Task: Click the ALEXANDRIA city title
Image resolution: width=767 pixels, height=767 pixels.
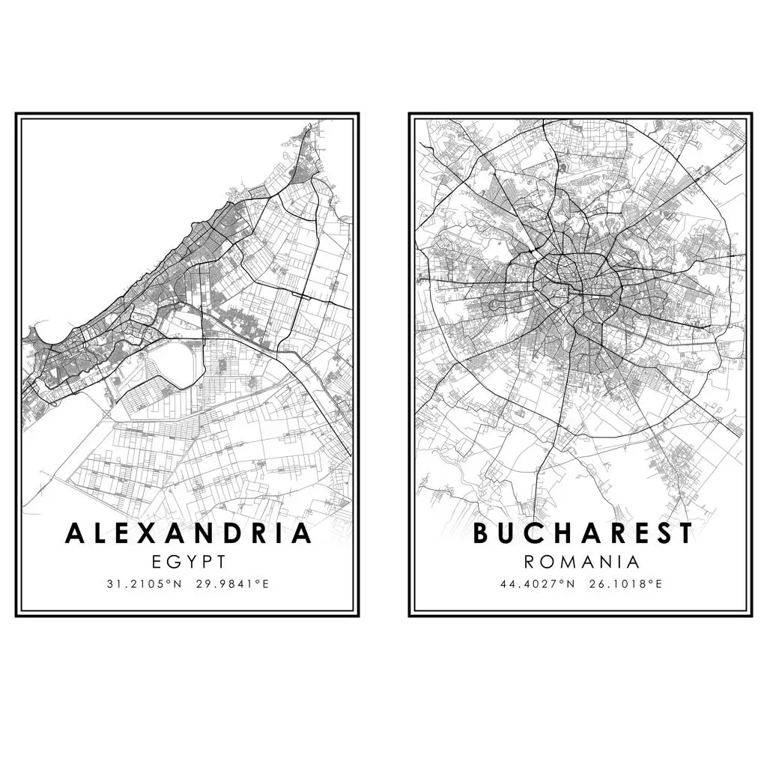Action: (x=188, y=533)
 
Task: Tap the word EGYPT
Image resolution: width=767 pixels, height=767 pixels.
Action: (x=188, y=562)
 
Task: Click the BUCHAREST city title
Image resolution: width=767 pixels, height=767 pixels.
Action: (x=583, y=533)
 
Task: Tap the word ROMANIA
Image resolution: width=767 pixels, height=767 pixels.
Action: (x=582, y=562)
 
